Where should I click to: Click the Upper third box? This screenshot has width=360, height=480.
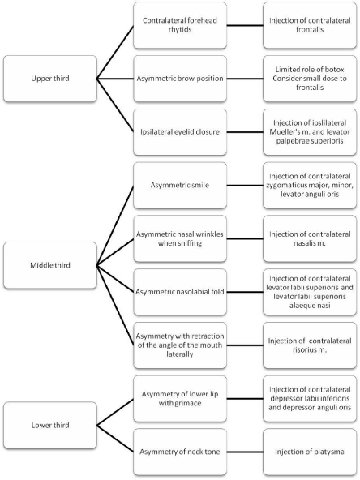50,79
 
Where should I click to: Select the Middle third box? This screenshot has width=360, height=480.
50,265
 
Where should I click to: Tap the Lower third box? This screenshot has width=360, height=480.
50,425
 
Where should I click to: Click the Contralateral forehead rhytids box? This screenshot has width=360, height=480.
180,25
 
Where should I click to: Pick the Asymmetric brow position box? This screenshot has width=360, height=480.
180,79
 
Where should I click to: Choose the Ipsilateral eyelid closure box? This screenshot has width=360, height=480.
180,132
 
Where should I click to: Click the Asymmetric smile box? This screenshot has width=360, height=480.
180,185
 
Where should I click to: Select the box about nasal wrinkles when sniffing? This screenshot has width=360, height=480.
180,238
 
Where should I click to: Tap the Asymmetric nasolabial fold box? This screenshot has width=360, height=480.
180,292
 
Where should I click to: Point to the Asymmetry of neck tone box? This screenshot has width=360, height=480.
180,452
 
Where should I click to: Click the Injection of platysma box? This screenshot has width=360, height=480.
310,452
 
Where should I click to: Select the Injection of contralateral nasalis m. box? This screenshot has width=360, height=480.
310,238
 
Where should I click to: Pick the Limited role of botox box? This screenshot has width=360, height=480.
310,79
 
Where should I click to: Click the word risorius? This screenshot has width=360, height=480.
304,350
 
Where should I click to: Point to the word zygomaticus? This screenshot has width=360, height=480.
286,185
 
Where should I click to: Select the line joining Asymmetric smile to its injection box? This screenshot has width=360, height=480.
245,186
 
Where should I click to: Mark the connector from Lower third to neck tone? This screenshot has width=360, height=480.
115,439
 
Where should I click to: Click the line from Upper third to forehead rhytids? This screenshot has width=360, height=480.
115,52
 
